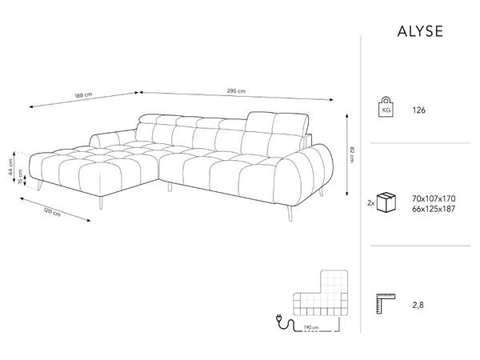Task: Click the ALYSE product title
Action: coord(420,31)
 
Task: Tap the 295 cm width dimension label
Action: coord(236,91)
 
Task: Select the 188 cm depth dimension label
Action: coord(83,95)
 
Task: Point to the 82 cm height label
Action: coord(352,154)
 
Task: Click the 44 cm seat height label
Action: coord(11,167)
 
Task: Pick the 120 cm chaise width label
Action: coord(52,212)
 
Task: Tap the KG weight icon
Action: coord(386,107)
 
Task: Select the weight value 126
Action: coord(418,110)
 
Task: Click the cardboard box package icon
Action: coord(386,202)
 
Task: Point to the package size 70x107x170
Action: coord(434,198)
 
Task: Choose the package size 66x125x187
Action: coord(434,209)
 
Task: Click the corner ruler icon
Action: coord(386,303)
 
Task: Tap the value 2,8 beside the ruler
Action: coord(418,306)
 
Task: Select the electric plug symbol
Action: coord(280,319)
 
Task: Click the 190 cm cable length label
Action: coord(311,328)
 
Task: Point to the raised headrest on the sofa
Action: coord(278,125)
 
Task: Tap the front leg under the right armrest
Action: coord(290,213)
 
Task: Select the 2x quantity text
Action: coord(370,202)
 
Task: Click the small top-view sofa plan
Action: coord(321,293)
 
